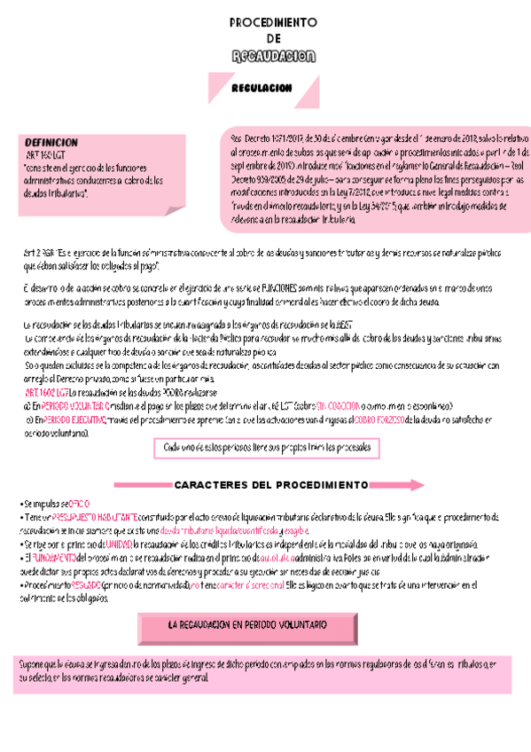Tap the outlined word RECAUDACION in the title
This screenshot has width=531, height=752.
click(x=273, y=57)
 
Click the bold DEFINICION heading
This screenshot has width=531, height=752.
click(x=51, y=142)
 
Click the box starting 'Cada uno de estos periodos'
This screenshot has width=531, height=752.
click(x=266, y=449)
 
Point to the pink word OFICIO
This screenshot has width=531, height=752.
click(x=78, y=502)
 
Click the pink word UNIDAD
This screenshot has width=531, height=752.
click(x=118, y=544)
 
